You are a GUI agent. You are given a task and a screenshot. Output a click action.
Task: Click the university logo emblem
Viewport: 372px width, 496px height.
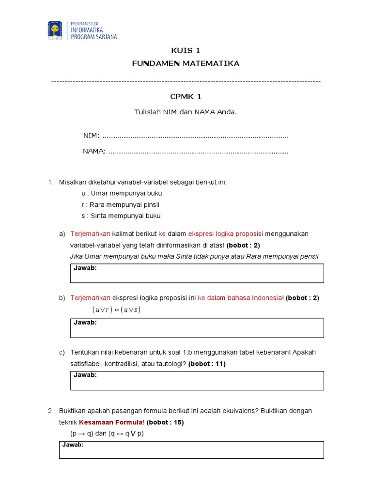(x=55, y=30)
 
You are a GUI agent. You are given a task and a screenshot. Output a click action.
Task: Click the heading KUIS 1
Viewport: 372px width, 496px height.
(x=186, y=51)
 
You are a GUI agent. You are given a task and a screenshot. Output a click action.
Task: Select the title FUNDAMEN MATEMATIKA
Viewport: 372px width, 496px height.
(x=186, y=63)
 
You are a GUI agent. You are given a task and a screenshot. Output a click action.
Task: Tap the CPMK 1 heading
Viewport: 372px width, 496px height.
(x=186, y=97)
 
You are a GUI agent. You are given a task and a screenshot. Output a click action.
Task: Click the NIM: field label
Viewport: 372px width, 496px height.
(x=91, y=136)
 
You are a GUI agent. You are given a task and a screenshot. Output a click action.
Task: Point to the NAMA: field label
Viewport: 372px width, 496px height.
(x=94, y=151)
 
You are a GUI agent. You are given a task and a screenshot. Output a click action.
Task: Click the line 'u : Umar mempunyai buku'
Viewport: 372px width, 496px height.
(x=122, y=193)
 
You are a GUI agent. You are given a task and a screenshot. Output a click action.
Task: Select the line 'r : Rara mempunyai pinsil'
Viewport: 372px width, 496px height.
(x=120, y=204)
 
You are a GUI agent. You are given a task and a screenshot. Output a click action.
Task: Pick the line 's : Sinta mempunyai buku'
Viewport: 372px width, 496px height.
(x=121, y=216)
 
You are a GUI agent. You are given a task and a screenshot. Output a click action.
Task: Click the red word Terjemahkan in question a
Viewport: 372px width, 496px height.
(x=91, y=234)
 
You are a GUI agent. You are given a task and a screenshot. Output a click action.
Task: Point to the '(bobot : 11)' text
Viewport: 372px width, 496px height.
(x=207, y=364)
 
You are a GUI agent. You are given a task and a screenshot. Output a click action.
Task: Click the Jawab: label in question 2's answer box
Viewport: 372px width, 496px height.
(x=73, y=445)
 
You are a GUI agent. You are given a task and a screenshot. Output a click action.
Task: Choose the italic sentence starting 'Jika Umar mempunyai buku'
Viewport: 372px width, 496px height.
(x=194, y=256)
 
